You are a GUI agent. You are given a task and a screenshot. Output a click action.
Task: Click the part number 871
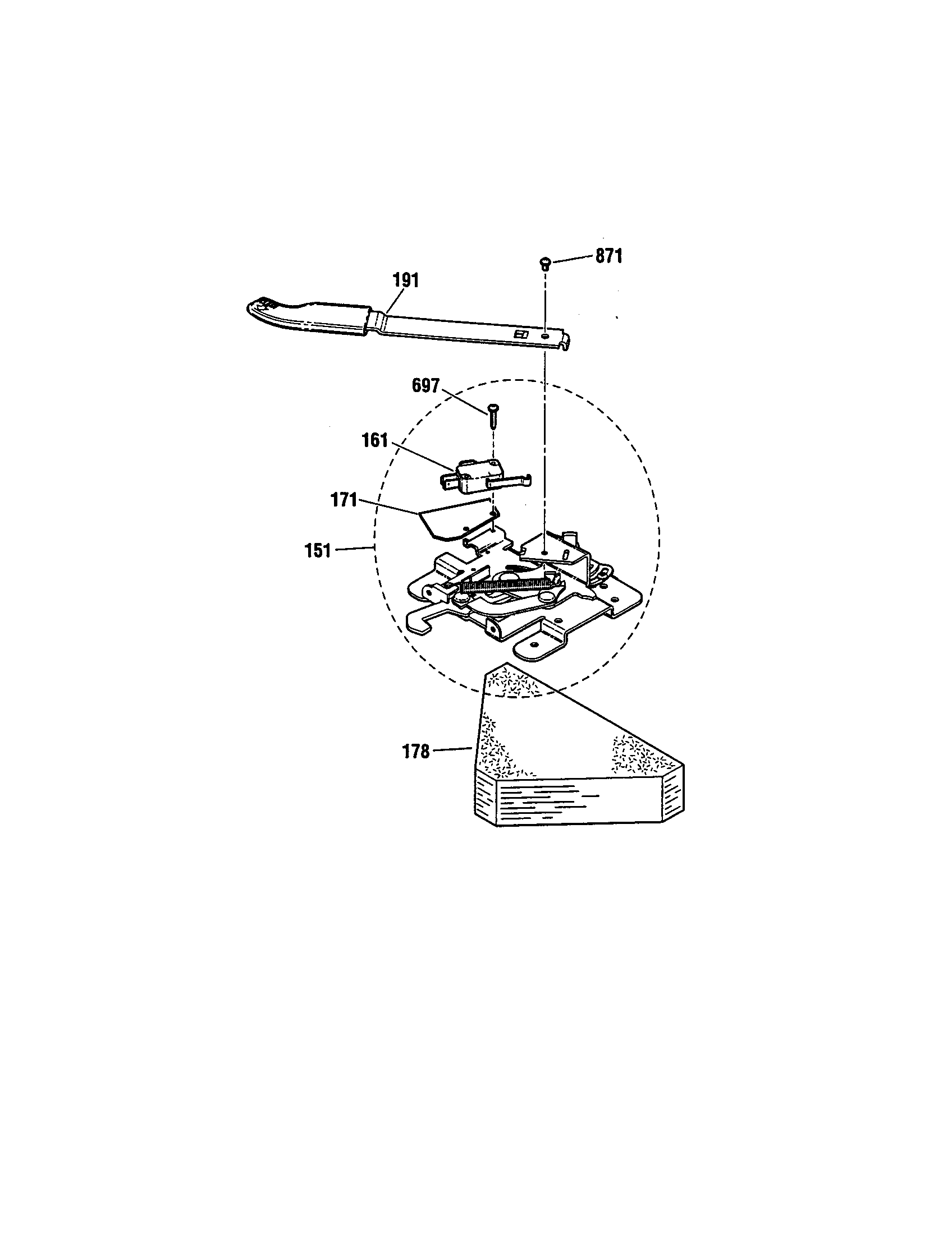pyautogui.click(x=609, y=256)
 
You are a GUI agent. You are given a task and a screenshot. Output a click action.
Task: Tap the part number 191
pyautogui.click(x=406, y=280)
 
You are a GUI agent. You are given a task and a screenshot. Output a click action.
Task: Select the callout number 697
pyautogui.click(x=425, y=386)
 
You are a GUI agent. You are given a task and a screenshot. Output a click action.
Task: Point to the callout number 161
pyautogui.click(x=375, y=440)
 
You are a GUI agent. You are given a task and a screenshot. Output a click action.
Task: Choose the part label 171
pyautogui.click(x=344, y=500)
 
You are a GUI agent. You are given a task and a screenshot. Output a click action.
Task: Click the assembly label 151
pyautogui.click(x=318, y=550)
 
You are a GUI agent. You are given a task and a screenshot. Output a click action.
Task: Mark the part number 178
pyautogui.click(x=416, y=752)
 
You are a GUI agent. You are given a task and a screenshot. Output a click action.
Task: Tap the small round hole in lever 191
pyautogui.click(x=544, y=337)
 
